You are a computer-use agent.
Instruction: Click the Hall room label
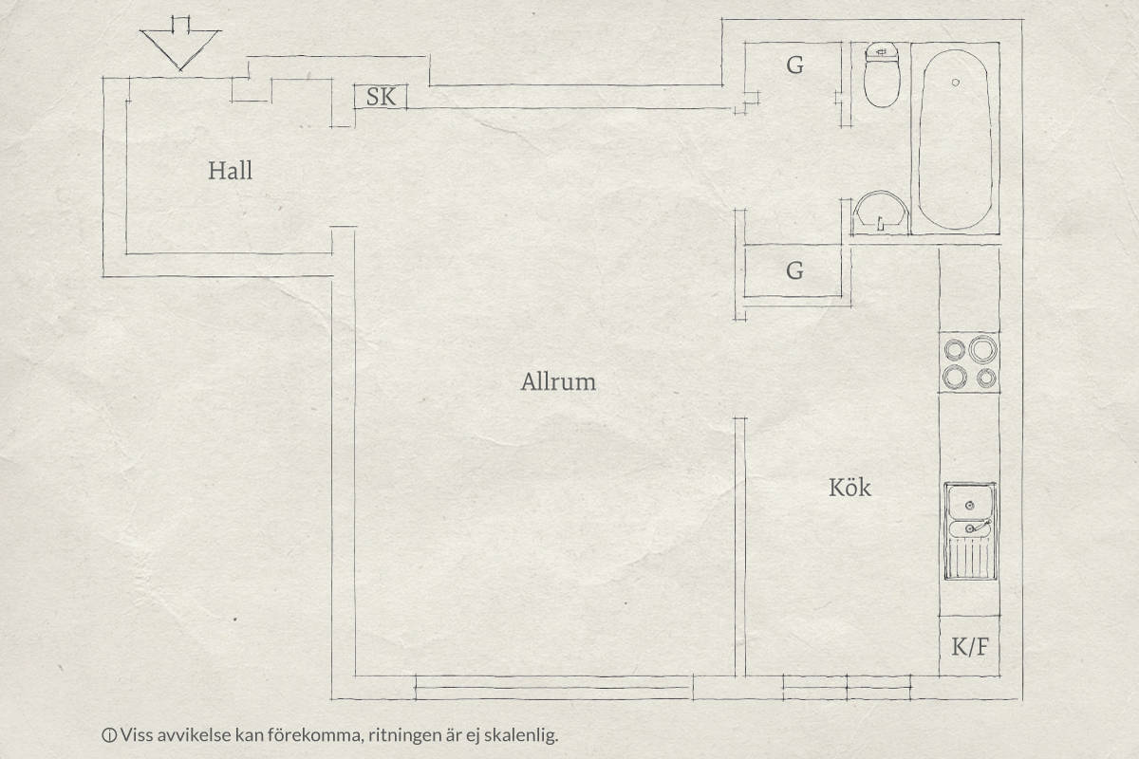pos(230,171)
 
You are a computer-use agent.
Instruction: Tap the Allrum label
pos(558,381)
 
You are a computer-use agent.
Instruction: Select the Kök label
pos(850,487)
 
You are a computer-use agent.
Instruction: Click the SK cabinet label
pos(381,97)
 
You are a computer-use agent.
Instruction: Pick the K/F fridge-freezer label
pos(970,646)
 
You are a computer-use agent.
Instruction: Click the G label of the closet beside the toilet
pos(794,65)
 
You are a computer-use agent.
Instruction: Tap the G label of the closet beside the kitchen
pos(794,270)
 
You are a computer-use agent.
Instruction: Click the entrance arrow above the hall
pos(180,44)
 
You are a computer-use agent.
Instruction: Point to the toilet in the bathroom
pos(882,75)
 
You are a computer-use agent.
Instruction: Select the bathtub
pos(955,139)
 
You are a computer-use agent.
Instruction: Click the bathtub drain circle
pos(956,83)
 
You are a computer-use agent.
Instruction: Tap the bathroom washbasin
pos(880,213)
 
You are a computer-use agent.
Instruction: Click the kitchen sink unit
pos(970,530)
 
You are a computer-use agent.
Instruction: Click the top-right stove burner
pos(983,349)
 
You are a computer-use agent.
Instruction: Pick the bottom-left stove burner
pos(955,377)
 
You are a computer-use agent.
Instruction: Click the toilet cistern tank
pos(882,51)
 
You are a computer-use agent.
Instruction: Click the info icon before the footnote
pos(109,735)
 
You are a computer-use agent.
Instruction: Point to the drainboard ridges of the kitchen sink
pos(970,558)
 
